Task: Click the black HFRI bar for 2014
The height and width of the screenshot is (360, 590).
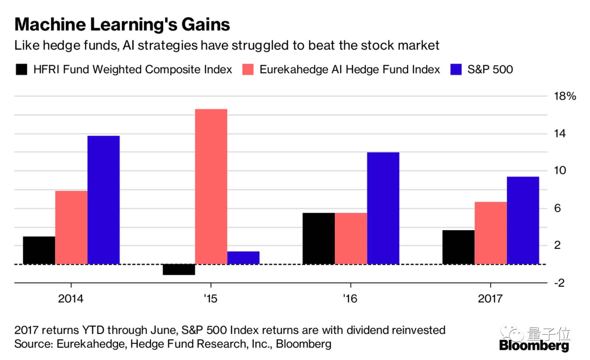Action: point(39,250)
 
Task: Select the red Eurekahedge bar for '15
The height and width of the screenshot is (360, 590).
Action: point(211,186)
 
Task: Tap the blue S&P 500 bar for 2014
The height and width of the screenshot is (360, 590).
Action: point(104,200)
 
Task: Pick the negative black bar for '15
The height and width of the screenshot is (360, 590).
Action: point(179,270)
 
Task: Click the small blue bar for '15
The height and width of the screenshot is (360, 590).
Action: point(243,258)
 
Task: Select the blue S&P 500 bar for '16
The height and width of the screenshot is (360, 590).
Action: point(383,208)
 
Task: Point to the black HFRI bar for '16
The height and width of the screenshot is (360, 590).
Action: point(319,238)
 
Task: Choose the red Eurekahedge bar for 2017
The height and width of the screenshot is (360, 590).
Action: point(490,233)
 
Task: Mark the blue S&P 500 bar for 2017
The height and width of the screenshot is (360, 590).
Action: point(523,220)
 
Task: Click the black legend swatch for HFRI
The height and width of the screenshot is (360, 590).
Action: point(21,69)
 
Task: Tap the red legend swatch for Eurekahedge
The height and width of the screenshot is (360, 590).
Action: point(248,69)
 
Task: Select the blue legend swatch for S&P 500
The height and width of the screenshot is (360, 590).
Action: point(456,69)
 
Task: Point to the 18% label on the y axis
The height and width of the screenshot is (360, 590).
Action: point(565,96)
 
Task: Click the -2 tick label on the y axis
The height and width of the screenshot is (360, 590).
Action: point(559,283)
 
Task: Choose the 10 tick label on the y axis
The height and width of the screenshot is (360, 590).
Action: point(560,170)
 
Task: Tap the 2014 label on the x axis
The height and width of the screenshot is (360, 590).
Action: point(71,298)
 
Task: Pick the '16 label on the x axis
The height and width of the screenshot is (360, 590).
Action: point(350,298)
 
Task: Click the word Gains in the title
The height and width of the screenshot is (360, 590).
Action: point(206,24)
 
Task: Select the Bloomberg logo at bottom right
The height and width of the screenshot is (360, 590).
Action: point(534,346)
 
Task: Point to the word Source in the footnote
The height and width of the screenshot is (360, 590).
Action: point(34,344)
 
